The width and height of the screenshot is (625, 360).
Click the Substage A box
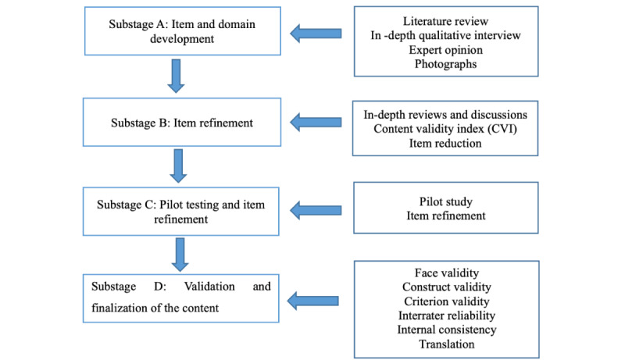183,31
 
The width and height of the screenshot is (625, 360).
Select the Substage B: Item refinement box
182,123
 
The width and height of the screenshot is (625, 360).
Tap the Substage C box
181,212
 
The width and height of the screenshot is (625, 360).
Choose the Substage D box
181,298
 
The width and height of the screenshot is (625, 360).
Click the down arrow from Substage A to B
176,76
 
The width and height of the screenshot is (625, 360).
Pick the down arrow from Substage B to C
178,166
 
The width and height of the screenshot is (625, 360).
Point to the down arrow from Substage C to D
180,255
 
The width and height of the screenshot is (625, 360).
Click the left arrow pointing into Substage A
316,34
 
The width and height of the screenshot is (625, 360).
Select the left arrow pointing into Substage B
316,123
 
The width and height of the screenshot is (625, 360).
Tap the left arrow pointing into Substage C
316,210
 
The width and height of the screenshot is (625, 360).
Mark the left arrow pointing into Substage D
313,301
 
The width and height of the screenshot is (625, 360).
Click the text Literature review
445,21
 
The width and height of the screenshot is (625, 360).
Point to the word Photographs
445,64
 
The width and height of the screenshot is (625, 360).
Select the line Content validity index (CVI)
445,129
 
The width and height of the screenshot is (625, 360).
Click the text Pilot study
445,201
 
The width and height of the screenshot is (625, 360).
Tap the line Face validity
447,273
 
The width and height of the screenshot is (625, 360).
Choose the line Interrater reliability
447,315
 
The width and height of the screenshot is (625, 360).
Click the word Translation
447,344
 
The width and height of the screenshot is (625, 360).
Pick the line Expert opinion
445,50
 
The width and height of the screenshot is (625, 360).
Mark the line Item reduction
445,144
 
